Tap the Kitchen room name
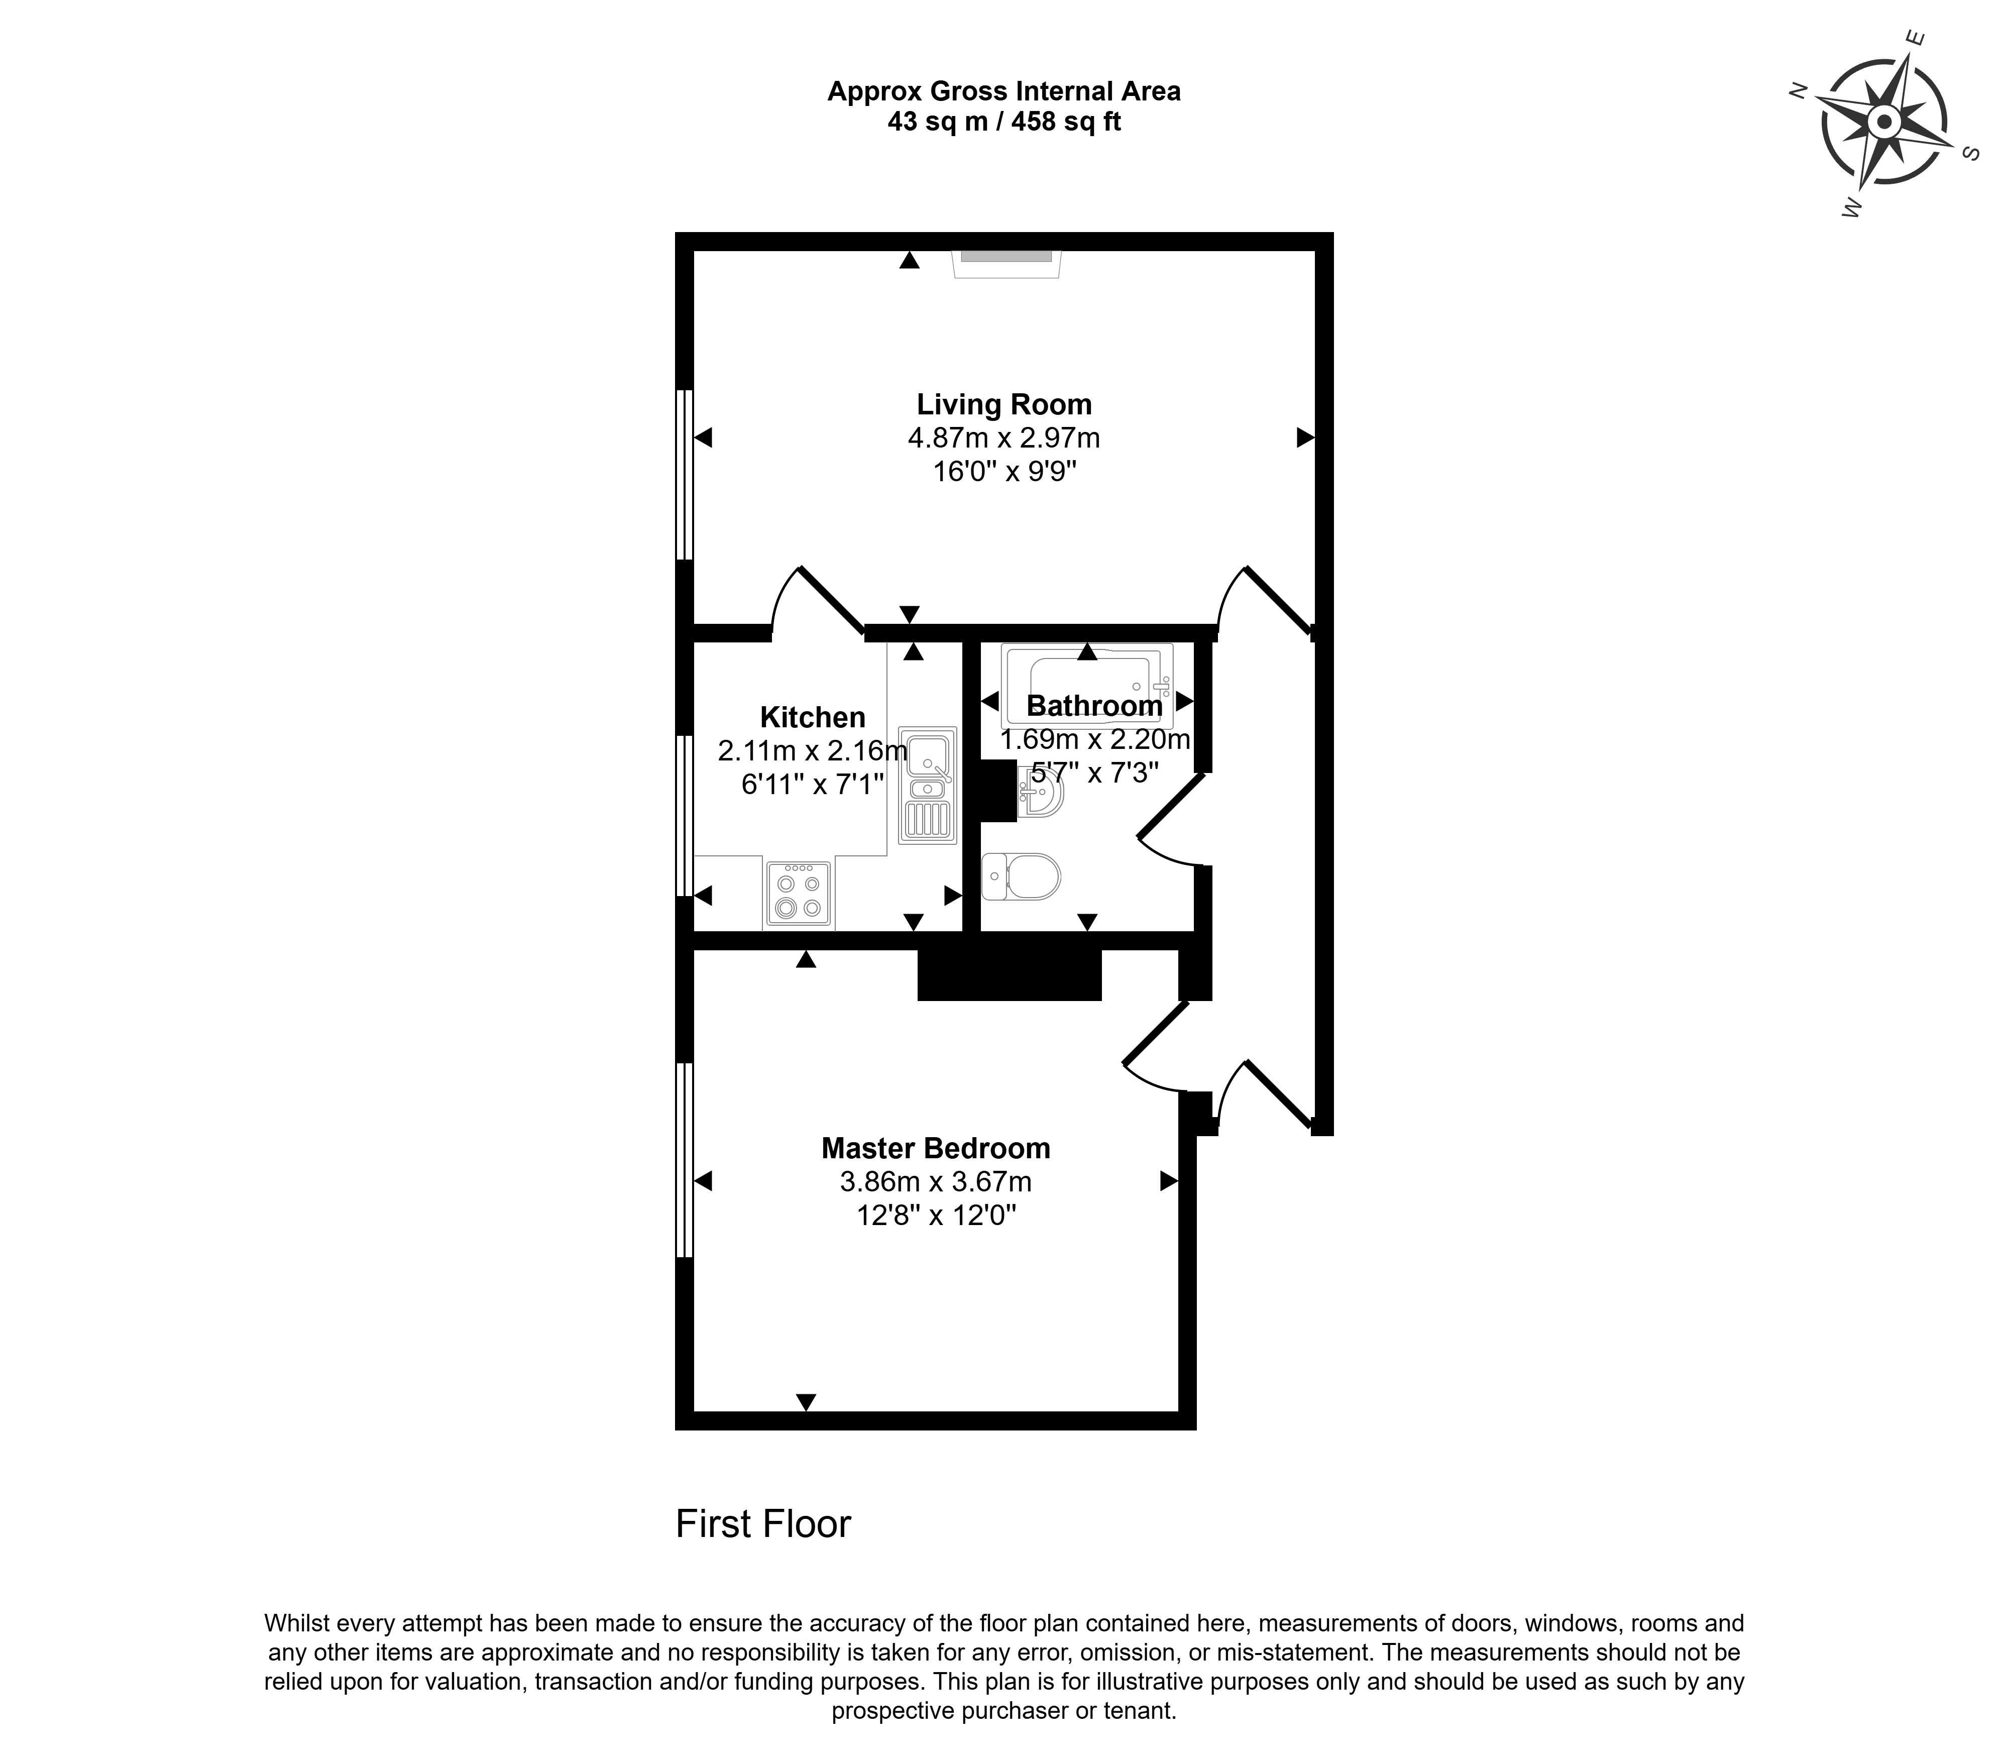(813, 717)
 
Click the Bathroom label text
(1094, 706)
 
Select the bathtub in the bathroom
(1087, 685)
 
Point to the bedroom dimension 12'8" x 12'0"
(936, 1216)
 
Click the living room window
(685, 475)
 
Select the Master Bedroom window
(685, 1160)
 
